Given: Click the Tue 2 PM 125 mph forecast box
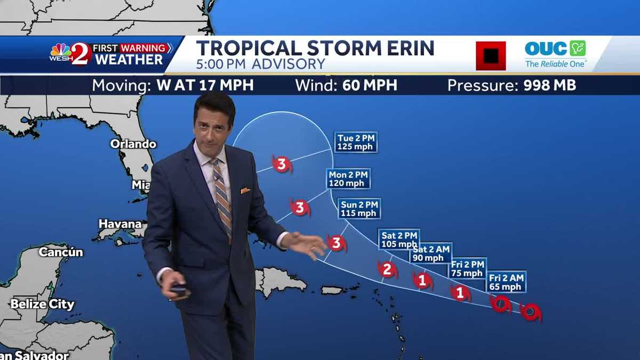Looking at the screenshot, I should tap(356, 142).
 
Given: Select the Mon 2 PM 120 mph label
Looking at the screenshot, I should tap(348, 179).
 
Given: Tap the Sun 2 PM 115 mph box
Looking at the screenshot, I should tap(359, 209).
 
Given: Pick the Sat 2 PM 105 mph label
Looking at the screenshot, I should tap(399, 239).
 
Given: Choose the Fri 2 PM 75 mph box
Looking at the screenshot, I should tap(467, 268).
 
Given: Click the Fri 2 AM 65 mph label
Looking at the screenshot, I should tap(506, 282).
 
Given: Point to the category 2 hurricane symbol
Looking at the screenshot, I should tap(388, 270).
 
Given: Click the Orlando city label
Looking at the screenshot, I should tap(133, 144).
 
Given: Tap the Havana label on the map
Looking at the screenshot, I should tap(120, 224).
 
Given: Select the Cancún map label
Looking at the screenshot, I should tap(61, 252).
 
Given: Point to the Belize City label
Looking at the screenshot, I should tap(42, 305).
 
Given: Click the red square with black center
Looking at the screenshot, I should tap(491, 55).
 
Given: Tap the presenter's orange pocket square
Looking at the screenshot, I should tap(245, 190).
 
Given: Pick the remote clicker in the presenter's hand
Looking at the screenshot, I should tap(180, 291).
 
